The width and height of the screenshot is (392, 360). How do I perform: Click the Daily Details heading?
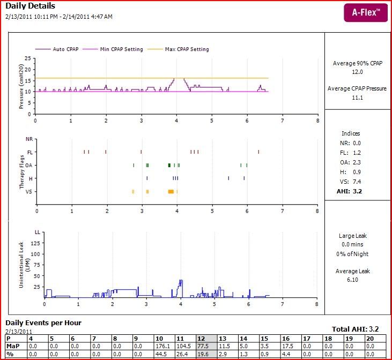click(x=30, y=6)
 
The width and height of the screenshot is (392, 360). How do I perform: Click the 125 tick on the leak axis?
click(x=37, y=242)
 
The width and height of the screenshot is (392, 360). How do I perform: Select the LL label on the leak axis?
click(x=38, y=232)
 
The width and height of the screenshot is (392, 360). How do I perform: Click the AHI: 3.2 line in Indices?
click(x=351, y=191)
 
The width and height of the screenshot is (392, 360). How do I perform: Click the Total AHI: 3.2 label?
click(x=355, y=329)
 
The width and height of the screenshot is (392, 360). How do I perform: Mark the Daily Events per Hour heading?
click(x=43, y=322)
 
